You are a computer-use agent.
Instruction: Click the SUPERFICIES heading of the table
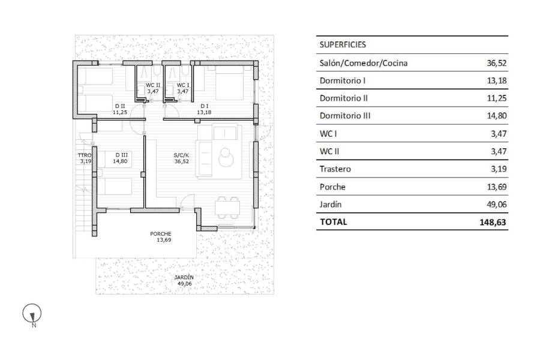click(343, 44)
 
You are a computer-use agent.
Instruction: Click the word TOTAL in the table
click(334, 221)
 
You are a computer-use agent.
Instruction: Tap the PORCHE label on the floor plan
click(161, 234)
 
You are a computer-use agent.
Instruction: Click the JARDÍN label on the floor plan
click(184, 277)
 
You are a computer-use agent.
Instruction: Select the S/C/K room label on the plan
click(182, 155)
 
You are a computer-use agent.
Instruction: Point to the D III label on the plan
click(121, 155)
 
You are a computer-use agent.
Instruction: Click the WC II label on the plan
click(153, 85)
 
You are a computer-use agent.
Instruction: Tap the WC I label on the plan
click(182, 85)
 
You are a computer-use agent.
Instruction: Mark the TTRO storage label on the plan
click(84, 155)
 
